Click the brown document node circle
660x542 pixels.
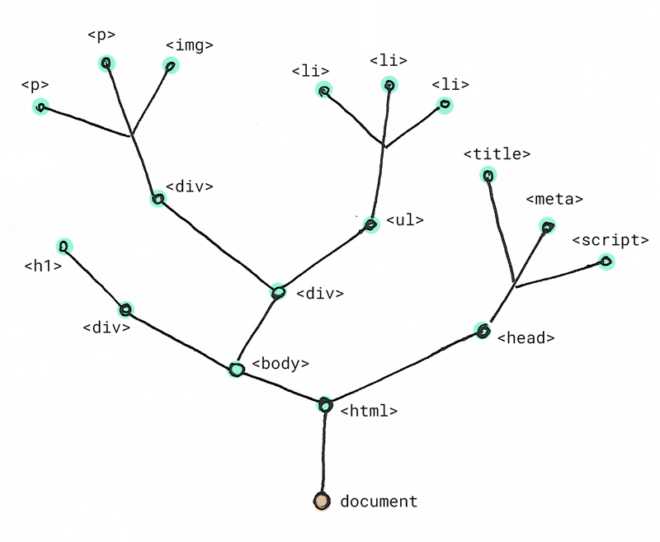click(x=322, y=501)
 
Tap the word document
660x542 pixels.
click(x=379, y=502)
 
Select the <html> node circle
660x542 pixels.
click(x=325, y=405)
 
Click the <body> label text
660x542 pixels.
click(x=280, y=363)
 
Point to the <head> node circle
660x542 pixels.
click(x=483, y=331)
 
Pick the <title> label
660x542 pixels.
click(x=497, y=154)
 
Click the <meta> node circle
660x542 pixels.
click(x=547, y=226)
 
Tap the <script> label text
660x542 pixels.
click(x=610, y=240)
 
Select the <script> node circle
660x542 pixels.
click(x=606, y=262)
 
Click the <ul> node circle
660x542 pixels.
click(x=370, y=224)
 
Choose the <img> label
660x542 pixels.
click(x=190, y=45)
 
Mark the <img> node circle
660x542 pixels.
click(x=171, y=66)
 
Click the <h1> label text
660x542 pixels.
click(x=43, y=266)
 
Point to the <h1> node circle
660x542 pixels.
click(x=64, y=246)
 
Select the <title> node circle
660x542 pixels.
click(x=488, y=175)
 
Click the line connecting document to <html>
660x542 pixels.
click(x=323, y=453)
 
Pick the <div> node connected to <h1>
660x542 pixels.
click(x=125, y=309)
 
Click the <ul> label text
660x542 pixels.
click(x=404, y=220)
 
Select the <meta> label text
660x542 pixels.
click(x=554, y=199)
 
